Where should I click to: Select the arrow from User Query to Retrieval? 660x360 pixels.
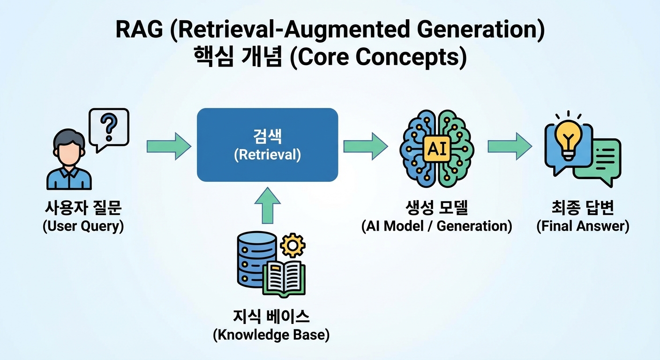coord(169,146)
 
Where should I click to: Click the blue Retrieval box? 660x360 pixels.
coord(267,145)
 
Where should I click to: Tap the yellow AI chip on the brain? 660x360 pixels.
coord(436,148)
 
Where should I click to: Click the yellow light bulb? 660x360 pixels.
coord(568,136)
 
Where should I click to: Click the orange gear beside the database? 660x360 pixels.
coord(292,245)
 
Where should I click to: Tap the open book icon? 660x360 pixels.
coord(284,277)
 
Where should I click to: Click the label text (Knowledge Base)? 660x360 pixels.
coord(271,335)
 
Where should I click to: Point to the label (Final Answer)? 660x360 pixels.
coord(583,226)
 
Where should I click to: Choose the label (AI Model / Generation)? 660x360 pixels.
coord(436,226)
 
